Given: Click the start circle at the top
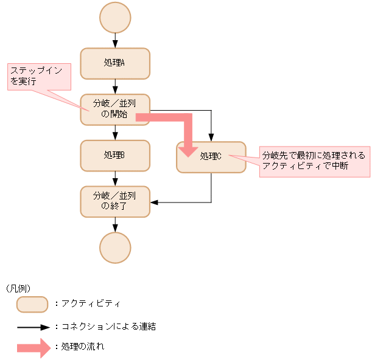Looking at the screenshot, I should click(x=115, y=18).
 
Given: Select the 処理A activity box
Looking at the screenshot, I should click(x=115, y=63).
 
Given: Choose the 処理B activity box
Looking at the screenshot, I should click(x=115, y=156).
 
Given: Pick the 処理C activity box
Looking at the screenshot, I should click(x=211, y=157).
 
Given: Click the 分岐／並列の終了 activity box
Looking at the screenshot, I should click(x=115, y=201).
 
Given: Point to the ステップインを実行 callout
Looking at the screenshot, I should click(x=38, y=76).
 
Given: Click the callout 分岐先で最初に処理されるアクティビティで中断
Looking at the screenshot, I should click(x=314, y=161).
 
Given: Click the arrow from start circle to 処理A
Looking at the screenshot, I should click(x=115, y=41).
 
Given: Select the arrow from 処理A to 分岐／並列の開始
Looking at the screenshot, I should click(x=115, y=86).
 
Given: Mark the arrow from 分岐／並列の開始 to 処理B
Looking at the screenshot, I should click(x=115, y=133).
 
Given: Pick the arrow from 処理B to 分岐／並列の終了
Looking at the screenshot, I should click(x=115, y=179).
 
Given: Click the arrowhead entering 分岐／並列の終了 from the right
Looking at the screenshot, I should click(x=155, y=202).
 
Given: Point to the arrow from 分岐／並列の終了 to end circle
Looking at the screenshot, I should click(x=115, y=224).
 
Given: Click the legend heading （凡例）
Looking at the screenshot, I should click(x=18, y=288).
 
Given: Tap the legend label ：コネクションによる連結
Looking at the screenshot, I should click(x=105, y=327).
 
